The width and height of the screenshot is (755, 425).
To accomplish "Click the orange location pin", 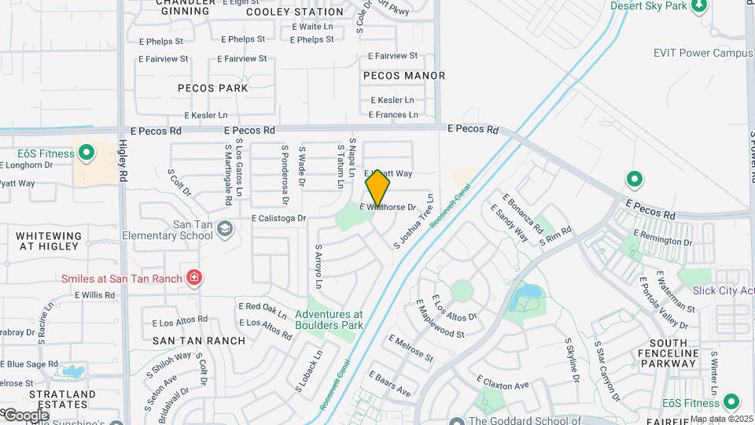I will [x=378, y=187].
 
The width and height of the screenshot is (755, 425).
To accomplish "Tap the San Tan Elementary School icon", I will [x=225, y=229].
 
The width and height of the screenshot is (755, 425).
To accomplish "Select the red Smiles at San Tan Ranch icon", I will [x=193, y=278].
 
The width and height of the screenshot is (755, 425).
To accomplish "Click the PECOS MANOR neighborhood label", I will [x=404, y=76].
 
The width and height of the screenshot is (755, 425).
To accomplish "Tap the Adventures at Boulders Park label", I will [x=329, y=319].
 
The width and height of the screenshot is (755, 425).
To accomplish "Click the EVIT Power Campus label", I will [x=703, y=54].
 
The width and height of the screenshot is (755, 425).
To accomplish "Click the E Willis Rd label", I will [x=95, y=295].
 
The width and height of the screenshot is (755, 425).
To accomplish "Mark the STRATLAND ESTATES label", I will [x=62, y=399].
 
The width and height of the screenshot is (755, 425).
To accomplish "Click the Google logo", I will [x=25, y=415].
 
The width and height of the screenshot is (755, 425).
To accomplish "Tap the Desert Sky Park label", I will [x=648, y=6].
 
